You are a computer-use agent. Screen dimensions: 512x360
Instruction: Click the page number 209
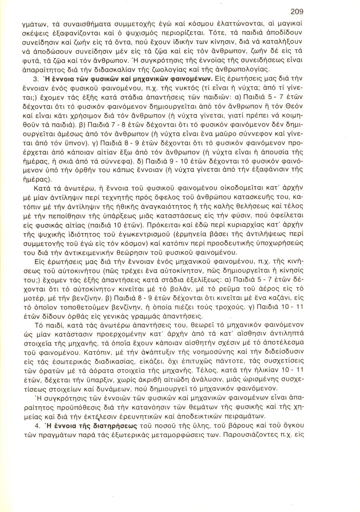tap(297, 11)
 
